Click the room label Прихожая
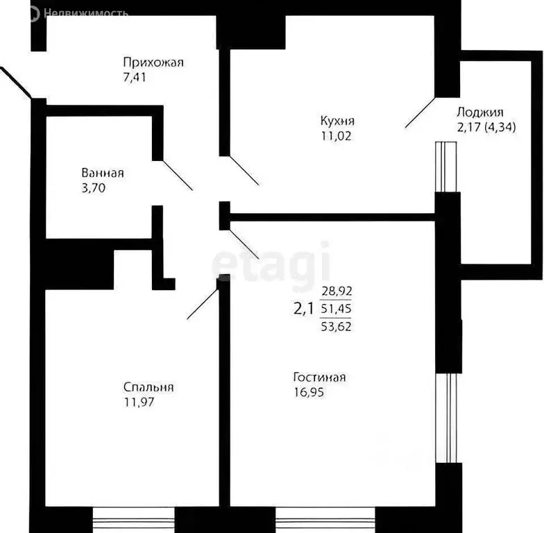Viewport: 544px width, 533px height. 153,62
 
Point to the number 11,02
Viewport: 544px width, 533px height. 336,136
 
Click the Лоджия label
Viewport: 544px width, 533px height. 480,112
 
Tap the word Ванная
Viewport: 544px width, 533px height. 103,173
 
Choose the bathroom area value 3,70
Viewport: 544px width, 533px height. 93,187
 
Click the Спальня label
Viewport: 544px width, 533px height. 148,387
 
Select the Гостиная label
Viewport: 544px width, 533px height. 319,378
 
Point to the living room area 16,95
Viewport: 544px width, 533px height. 309,392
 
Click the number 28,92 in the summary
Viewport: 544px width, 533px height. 337,293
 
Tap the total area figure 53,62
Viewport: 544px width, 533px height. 337,325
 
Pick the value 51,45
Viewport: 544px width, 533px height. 337,309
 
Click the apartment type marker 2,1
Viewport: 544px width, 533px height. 305,309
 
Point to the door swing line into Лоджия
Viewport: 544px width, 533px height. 420,112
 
